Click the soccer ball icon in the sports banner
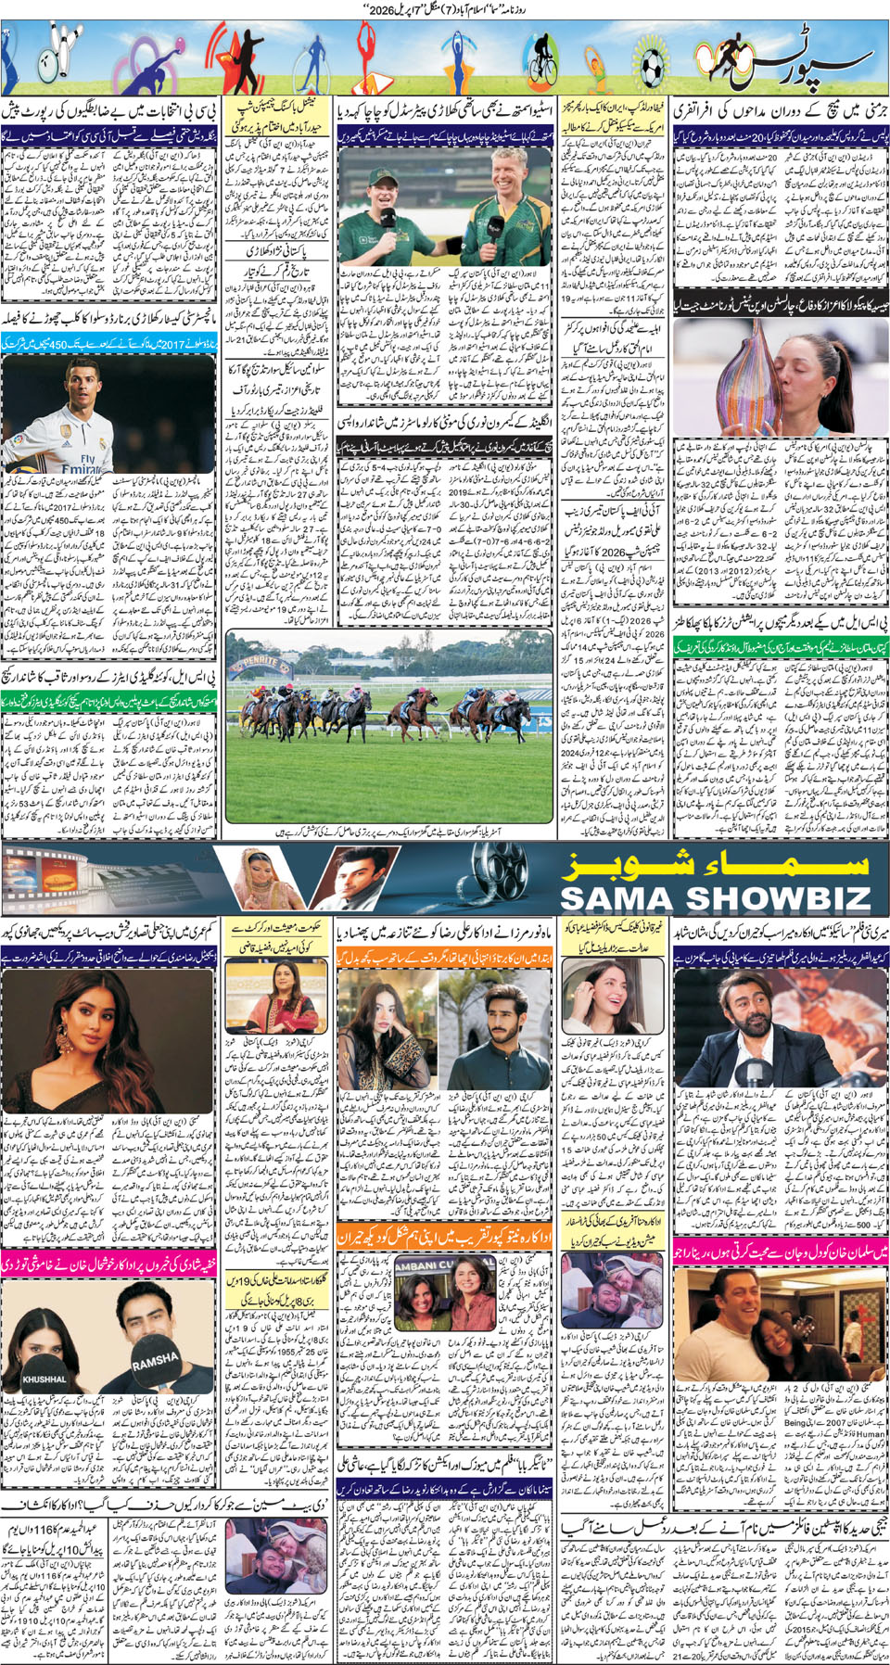pos(651,65)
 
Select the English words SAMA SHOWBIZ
pos(715,897)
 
